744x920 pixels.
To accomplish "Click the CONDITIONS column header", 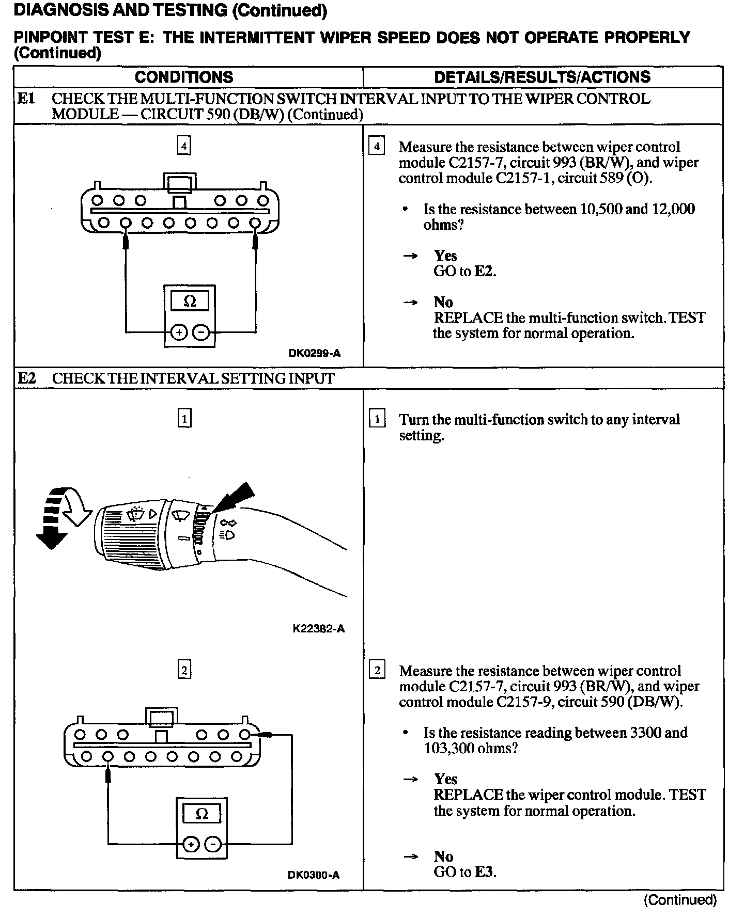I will tap(184, 77).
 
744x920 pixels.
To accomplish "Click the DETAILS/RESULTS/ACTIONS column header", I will tap(542, 77).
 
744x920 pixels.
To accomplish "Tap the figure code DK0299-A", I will tap(315, 354).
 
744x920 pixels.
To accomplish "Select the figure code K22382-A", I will tap(318, 628).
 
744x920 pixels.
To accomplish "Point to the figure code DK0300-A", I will tap(314, 875).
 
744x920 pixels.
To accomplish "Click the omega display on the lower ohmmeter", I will tap(202, 814).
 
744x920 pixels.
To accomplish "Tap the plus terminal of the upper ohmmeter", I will tap(178, 332).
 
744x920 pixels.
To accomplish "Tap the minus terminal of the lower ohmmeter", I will tap(213, 845).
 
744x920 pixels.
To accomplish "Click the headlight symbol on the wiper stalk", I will tap(228, 534).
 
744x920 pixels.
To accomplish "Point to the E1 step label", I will tap(26, 99).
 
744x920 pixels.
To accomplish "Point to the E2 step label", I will tap(26, 378).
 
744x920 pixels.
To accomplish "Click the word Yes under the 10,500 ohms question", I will tap(445, 256).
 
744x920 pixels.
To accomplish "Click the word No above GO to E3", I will tap(443, 856).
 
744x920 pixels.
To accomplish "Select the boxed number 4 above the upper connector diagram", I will tap(184, 146).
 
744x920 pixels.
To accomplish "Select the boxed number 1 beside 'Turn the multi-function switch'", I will tap(377, 419).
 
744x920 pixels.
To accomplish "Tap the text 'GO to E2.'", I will tap(464, 271).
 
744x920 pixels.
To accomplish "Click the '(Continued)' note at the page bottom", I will tap(680, 900).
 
